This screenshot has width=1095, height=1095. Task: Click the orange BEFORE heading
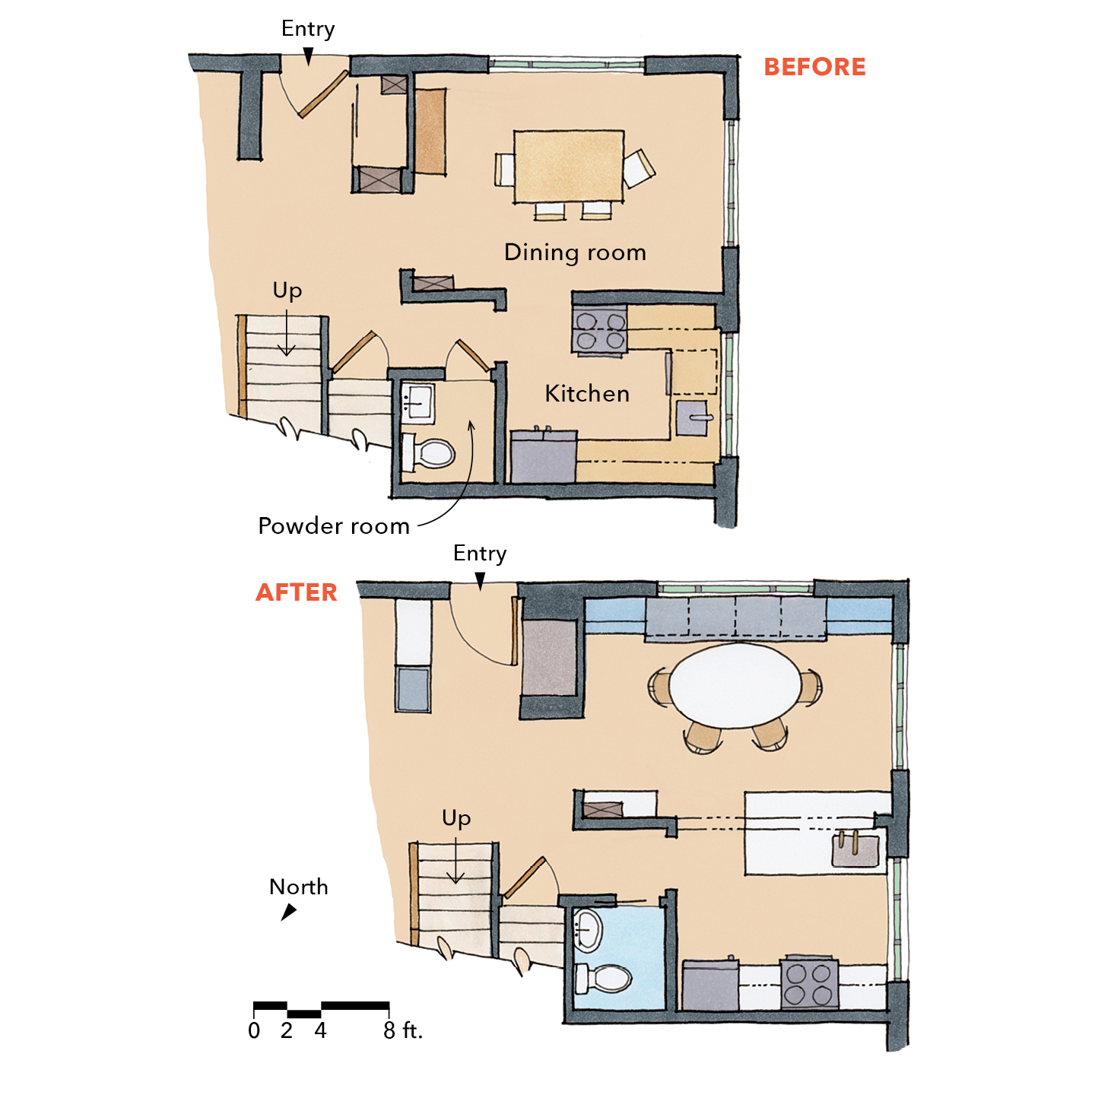tap(814, 67)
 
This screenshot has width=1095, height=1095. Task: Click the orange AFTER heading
tap(296, 592)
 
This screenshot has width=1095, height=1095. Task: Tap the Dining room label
tap(575, 252)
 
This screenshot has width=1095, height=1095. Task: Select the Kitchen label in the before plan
tap(587, 393)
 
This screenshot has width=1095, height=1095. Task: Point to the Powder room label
tap(334, 525)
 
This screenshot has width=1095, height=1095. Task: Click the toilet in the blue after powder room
tap(602, 979)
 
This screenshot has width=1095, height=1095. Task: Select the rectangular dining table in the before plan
tap(569, 166)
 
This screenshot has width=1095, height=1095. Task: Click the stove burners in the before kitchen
tap(600, 331)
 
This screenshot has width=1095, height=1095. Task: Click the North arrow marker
tap(289, 912)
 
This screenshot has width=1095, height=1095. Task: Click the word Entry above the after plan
tap(480, 554)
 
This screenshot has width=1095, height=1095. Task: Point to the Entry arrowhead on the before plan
tap(308, 56)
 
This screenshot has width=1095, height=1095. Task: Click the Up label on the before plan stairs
tap(287, 290)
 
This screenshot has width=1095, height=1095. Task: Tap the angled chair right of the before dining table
tap(639, 168)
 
